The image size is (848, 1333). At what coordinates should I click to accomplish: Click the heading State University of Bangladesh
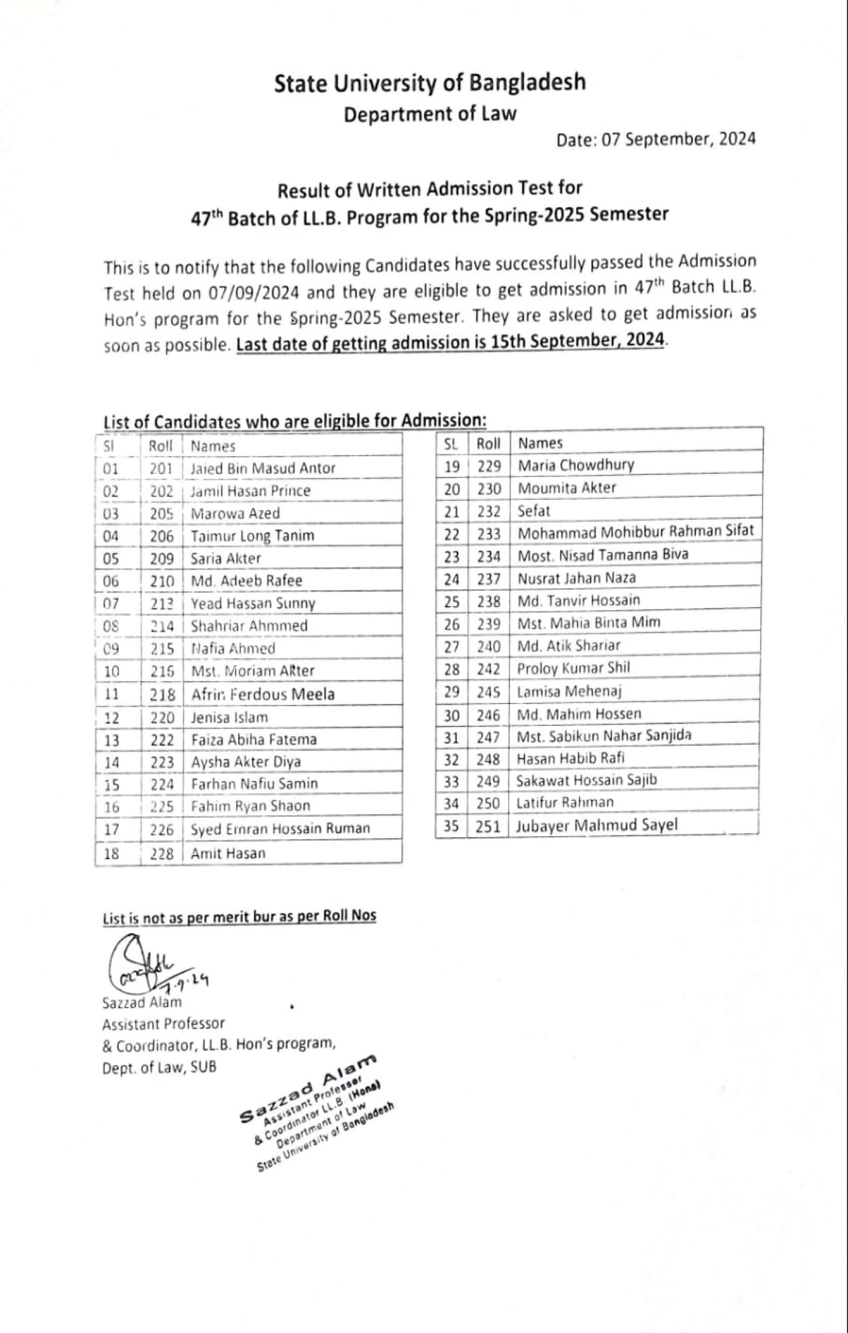[429, 83]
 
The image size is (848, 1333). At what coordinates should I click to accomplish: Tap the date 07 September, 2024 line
[656, 139]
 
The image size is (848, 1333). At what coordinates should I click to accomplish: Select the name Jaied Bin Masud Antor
[263, 468]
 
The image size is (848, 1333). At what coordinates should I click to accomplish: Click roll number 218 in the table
[162, 694]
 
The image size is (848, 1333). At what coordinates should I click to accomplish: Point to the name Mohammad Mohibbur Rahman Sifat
[635, 531]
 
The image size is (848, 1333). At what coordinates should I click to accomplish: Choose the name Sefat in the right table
[534, 511]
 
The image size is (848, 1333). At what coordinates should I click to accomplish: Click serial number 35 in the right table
[451, 826]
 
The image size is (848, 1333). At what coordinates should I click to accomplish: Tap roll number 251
[488, 826]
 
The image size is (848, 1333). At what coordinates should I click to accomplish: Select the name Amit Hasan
[228, 853]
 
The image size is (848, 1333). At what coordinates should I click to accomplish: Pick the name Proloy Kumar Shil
[573, 668]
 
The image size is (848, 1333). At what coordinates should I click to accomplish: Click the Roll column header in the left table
[161, 446]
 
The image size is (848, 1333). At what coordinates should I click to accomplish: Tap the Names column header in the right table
[540, 443]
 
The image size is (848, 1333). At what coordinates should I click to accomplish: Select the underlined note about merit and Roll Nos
[239, 916]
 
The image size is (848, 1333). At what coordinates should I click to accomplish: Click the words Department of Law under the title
[429, 114]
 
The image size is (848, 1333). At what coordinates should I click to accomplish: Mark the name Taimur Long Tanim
[253, 536]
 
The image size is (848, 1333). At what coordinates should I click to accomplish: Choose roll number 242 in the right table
[488, 669]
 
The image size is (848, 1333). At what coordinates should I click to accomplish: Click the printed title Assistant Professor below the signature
[164, 1023]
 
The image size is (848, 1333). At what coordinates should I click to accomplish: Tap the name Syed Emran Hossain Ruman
[280, 828]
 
